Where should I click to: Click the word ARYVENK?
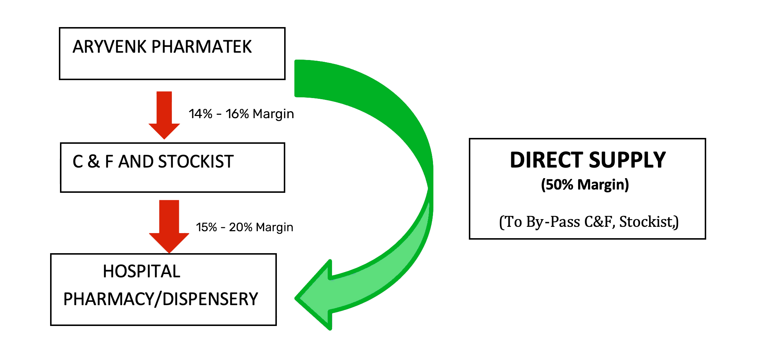click(110, 47)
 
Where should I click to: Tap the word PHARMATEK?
click(202, 47)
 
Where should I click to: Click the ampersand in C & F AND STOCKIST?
click(94, 161)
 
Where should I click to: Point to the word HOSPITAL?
click(142, 271)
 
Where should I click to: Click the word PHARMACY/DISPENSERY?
click(161, 299)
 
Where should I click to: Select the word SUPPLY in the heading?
click(628, 160)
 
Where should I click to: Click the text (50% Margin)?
click(585, 185)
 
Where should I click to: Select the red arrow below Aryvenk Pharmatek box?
click(164, 115)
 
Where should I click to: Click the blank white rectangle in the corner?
click(647, 308)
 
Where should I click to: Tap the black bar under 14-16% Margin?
click(241, 115)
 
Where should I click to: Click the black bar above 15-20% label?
click(244, 228)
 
